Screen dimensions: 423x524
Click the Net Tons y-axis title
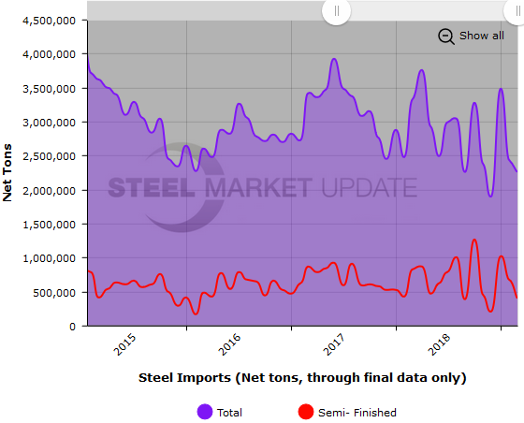[x=9, y=173]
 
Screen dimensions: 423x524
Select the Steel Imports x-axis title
[x=301, y=378]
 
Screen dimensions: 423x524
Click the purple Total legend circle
[x=204, y=412]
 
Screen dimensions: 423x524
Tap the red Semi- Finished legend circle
[x=305, y=412]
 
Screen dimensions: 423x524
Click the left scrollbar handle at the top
[x=336, y=11]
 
